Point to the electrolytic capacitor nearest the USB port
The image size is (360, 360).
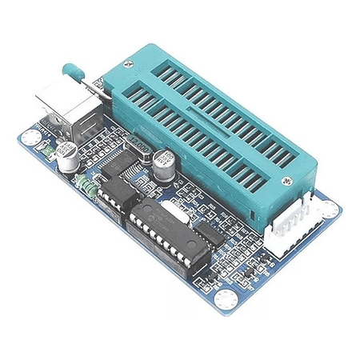66,158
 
